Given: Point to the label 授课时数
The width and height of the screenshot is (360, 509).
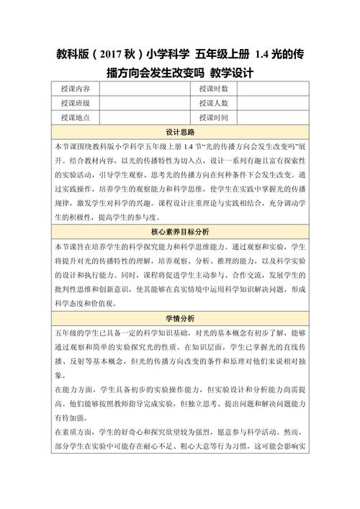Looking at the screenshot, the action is [214, 89].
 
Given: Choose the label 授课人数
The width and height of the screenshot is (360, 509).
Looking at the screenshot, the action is [214, 103].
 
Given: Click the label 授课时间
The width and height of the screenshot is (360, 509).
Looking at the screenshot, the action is [214, 117].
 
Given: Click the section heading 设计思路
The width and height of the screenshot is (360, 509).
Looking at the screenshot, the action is [180, 132].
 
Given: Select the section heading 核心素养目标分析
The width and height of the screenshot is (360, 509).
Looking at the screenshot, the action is [180, 233].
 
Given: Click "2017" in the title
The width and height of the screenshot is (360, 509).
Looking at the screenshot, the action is [114, 53].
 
